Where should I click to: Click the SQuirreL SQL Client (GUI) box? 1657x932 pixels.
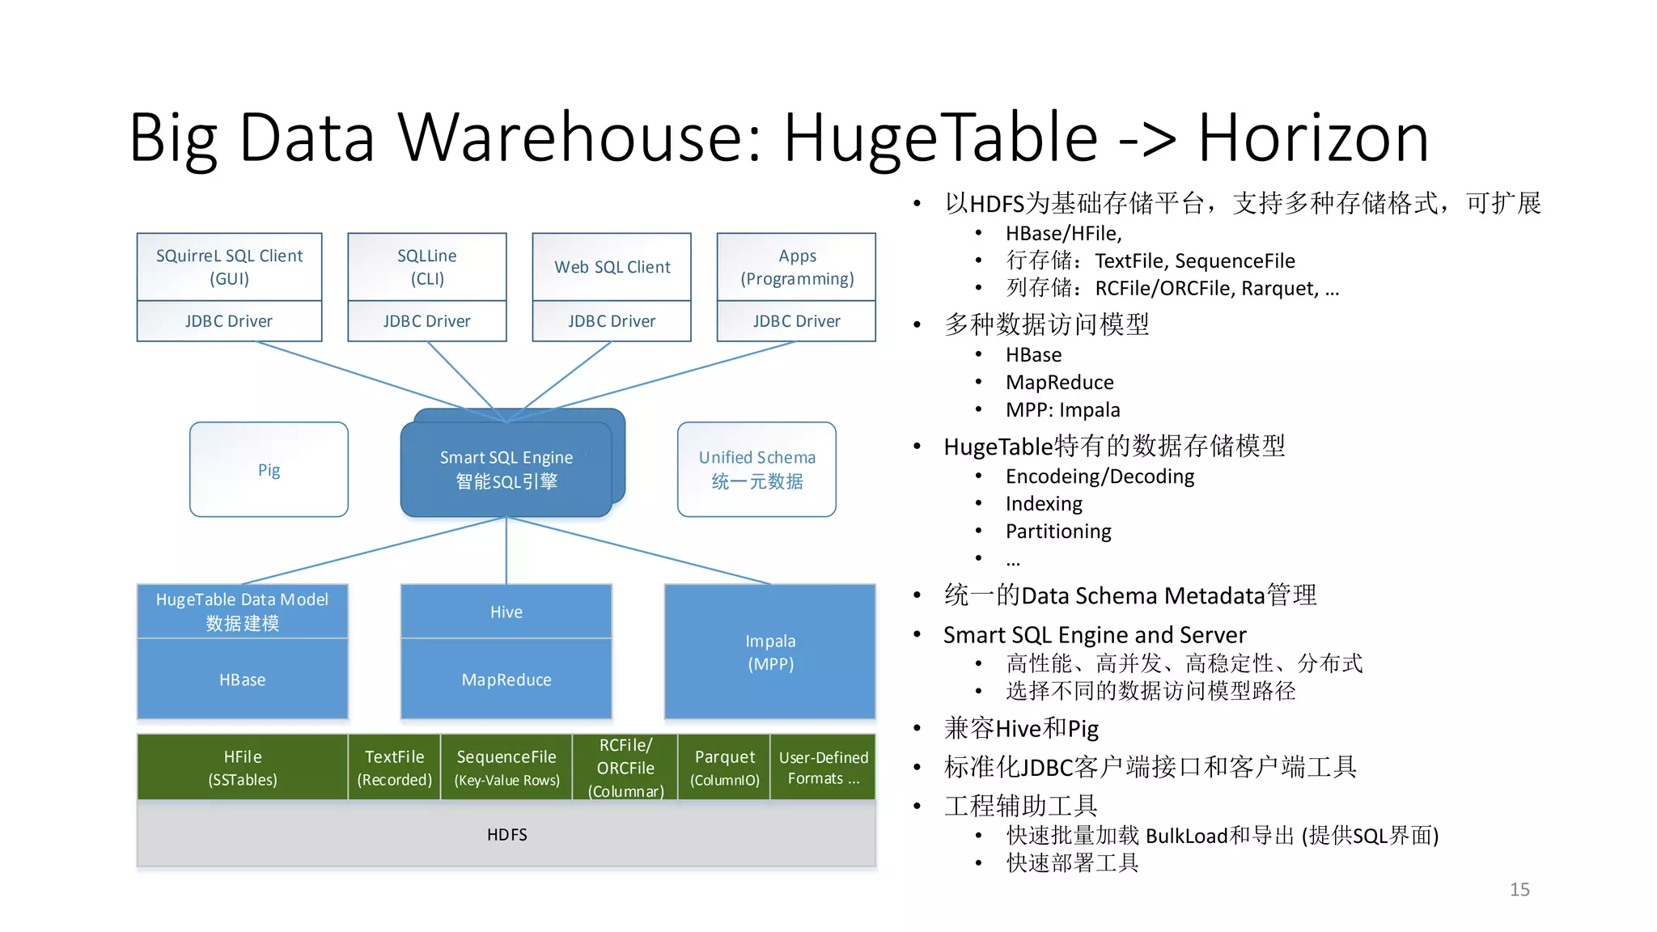click(x=229, y=267)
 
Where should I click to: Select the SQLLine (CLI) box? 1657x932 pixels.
click(x=426, y=267)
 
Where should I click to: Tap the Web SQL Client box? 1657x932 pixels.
click(x=612, y=267)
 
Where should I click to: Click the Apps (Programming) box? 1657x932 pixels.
click(x=796, y=267)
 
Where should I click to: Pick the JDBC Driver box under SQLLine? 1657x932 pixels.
click(x=426, y=321)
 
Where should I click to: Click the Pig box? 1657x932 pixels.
click(x=269, y=469)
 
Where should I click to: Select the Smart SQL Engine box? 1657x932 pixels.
click(x=506, y=469)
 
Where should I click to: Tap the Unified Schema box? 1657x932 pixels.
click(x=756, y=469)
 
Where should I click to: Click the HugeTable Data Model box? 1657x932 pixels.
click(x=242, y=611)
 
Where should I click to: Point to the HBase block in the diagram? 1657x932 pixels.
click(x=242, y=680)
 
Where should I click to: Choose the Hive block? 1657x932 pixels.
click(x=506, y=612)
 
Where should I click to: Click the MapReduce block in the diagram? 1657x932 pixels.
click(x=506, y=680)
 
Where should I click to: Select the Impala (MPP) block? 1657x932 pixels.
click(x=769, y=652)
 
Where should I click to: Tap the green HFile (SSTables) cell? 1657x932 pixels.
click(x=242, y=767)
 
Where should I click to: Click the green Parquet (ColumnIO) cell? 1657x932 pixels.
click(x=724, y=767)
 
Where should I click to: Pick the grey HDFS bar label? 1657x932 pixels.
click(x=506, y=834)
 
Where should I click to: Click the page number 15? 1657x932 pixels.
click(x=1519, y=889)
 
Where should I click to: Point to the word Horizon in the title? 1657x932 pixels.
click(x=1312, y=138)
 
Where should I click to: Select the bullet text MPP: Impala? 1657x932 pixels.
click(x=1062, y=409)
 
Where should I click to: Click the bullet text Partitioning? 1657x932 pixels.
click(x=1058, y=531)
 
